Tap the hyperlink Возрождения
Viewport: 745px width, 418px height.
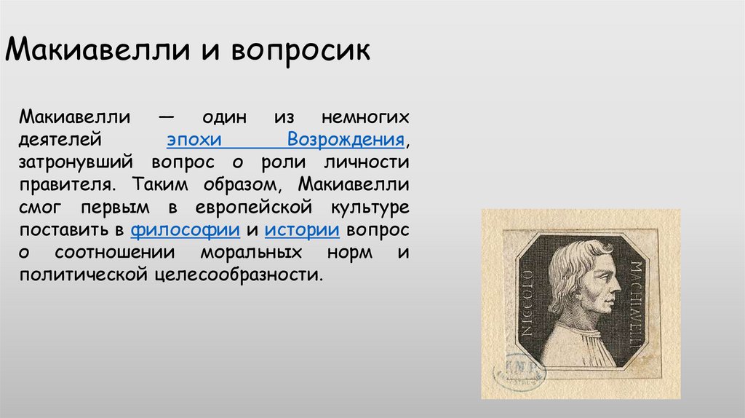point(346,139)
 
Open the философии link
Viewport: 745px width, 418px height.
point(186,230)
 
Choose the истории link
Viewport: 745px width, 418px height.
point(303,230)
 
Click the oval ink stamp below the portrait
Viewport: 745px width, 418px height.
point(520,372)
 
